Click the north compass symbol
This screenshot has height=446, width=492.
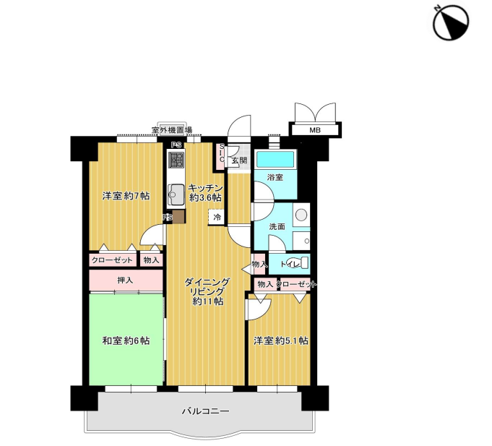[x=451, y=22]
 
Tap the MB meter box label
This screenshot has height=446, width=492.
[x=315, y=130]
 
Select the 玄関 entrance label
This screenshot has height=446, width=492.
[x=239, y=160]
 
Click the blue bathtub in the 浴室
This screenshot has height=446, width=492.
[x=275, y=160]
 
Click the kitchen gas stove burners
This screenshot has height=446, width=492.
[x=176, y=160]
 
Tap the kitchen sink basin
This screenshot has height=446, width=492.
[x=176, y=194]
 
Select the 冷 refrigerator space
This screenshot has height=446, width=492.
[x=217, y=217]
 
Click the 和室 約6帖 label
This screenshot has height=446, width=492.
[x=126, y=340]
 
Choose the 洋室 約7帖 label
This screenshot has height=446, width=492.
[x=126, y=196]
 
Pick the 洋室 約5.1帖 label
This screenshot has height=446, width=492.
[x=280, y=340]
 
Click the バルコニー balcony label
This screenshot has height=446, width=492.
[x=206, y=411]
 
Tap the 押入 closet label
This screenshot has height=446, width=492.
[x=125, y=280]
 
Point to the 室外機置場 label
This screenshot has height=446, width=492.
[x=172, y=129]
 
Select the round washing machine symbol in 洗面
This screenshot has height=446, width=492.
[x=301, y=215]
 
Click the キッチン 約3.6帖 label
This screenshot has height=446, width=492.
[x=205, y=193]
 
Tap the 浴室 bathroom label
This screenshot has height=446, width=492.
[x=275, y=177]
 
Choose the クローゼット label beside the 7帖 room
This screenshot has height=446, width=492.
[x=112, y=260]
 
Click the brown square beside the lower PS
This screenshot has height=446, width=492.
[x=178, y=217]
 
